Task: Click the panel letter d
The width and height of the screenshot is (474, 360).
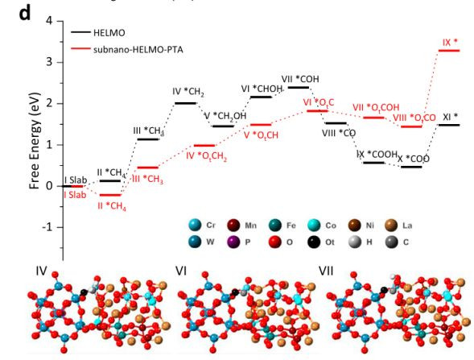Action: coord(25,14)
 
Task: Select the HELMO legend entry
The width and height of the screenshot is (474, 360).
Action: coord(97,32)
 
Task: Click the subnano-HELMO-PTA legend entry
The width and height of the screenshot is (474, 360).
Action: coord(127,49)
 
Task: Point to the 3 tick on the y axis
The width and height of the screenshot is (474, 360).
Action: coord(60,62)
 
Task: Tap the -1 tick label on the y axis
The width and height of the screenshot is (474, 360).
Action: coord(48,227)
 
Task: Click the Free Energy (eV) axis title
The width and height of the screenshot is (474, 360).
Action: coord(35,141)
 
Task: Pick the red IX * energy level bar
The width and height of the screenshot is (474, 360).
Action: coord(449,51)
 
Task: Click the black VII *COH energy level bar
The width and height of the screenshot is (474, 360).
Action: coord(299,88)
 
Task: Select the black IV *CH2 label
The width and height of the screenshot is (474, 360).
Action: coord(188,92)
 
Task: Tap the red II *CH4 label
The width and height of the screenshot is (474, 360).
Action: coord(112,207)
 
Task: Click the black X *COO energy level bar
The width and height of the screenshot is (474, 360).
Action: coord(411,167)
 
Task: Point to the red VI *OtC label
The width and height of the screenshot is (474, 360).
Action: coord(319,103)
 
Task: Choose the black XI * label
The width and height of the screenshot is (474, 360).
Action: coord(451,117)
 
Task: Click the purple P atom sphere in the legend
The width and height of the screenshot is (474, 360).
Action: coord(233,242)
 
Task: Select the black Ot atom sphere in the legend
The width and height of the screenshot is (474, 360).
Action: coord(315,242)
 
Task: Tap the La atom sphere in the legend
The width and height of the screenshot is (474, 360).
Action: coord(391,226)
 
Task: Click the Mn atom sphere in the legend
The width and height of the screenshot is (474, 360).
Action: coord(233,226)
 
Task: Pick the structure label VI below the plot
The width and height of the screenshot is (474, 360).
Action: coord(180,271)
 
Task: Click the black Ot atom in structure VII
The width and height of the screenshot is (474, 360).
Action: coord(384,290)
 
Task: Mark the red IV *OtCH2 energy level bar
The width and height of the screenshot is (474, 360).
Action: coord(204,146)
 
